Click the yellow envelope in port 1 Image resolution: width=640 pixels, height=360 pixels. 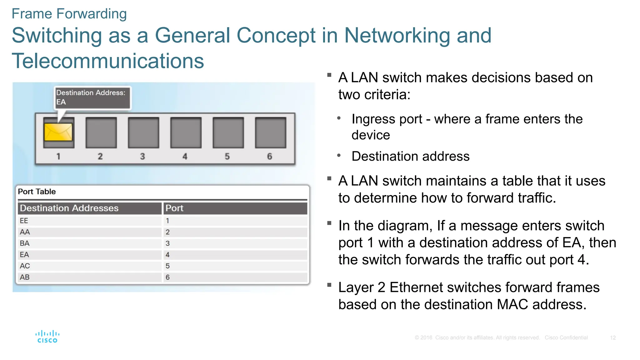coord(58,132)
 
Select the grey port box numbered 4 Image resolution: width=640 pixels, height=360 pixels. coord(186,132)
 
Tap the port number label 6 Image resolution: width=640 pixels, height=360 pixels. coord(270,156)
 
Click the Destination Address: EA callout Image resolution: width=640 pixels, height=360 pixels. coord(92,97)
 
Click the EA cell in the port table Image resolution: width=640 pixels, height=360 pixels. coord(24,255)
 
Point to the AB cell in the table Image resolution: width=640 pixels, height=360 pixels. coord(25,277)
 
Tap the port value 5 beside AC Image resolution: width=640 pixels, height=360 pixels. coord(168,266)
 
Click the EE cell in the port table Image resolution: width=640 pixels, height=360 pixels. coord(24,221)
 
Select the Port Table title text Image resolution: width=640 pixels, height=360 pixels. coord(37,192)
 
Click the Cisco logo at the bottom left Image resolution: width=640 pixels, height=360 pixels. coord(47,337)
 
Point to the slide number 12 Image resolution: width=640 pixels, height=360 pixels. coord(613,338)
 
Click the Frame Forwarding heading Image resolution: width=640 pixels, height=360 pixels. coord(69,14)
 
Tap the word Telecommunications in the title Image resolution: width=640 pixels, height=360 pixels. coord(108,61)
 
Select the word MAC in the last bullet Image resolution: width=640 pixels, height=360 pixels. coord(512,305)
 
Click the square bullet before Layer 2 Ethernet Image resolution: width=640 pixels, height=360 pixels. coord(329,285)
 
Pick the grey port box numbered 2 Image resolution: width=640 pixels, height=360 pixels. coord(101,132)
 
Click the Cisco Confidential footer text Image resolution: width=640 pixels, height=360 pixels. coord(566,338)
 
